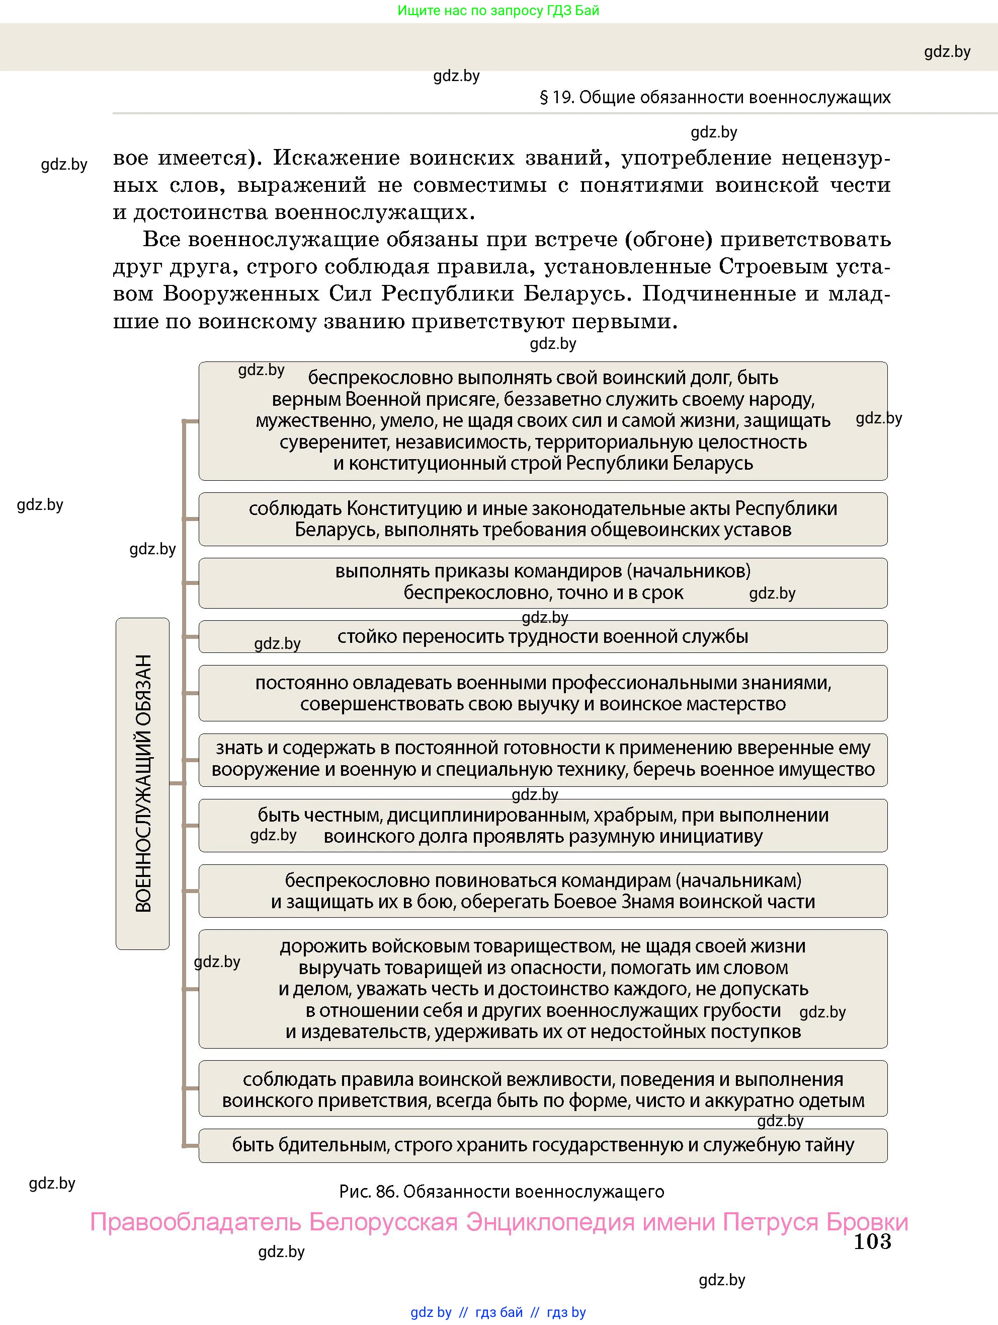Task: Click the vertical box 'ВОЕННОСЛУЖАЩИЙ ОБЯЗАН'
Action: coord(142,783)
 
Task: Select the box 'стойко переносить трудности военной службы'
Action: coord(542,636)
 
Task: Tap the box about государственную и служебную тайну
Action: coord(542,1145)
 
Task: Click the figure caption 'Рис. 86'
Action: coord(501,1192)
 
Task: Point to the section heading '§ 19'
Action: coord(715,97)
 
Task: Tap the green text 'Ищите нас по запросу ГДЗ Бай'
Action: coord(498,10)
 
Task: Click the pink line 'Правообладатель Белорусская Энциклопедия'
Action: coord(498,1222)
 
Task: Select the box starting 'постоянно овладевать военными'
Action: coord(542,693)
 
